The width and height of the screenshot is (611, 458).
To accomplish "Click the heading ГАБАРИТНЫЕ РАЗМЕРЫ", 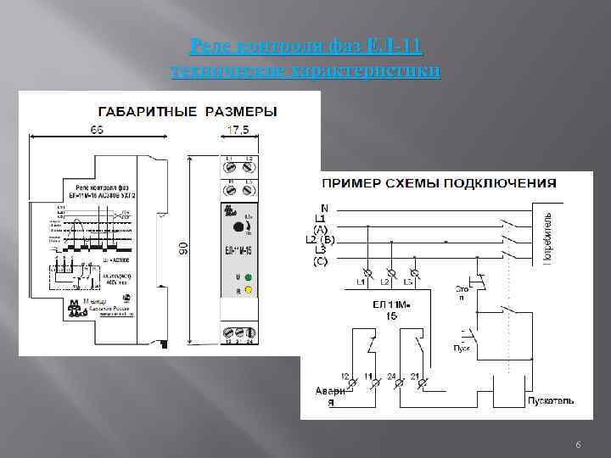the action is pyautogui.click(x=188, y=111).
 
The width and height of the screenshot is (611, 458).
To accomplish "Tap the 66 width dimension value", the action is pyautogui.click(x=99, y=129).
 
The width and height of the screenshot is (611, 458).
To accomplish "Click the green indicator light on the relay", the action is pyautogui.click(x=248, y=277).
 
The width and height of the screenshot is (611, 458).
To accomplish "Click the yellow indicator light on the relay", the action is pyautogui.click(x=248, y=291).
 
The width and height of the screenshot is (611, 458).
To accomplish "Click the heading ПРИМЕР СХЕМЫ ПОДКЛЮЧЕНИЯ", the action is pyautogui.click(x=438, y=182).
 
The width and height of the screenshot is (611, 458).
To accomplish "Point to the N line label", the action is pyautogui.click(x=324, y=208).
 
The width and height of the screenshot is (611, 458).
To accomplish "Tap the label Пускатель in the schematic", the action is pyautogui.click(x=551, y=399).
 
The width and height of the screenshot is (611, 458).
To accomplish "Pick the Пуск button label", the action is pyautogui.click(x=462, y=348).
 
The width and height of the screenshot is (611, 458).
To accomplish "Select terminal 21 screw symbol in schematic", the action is pyautogui.click(x=418, y=384).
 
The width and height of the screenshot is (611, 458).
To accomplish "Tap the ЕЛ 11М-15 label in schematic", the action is pyautogui.click(x=393, y=308).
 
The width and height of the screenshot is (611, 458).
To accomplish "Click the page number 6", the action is pyautogui.click(x=577, y=444).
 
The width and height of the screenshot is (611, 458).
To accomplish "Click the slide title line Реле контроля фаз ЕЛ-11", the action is pyautogui.click(x=305, y=44).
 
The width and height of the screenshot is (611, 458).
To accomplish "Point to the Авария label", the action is pyautogui.click(x=330, y=397).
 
